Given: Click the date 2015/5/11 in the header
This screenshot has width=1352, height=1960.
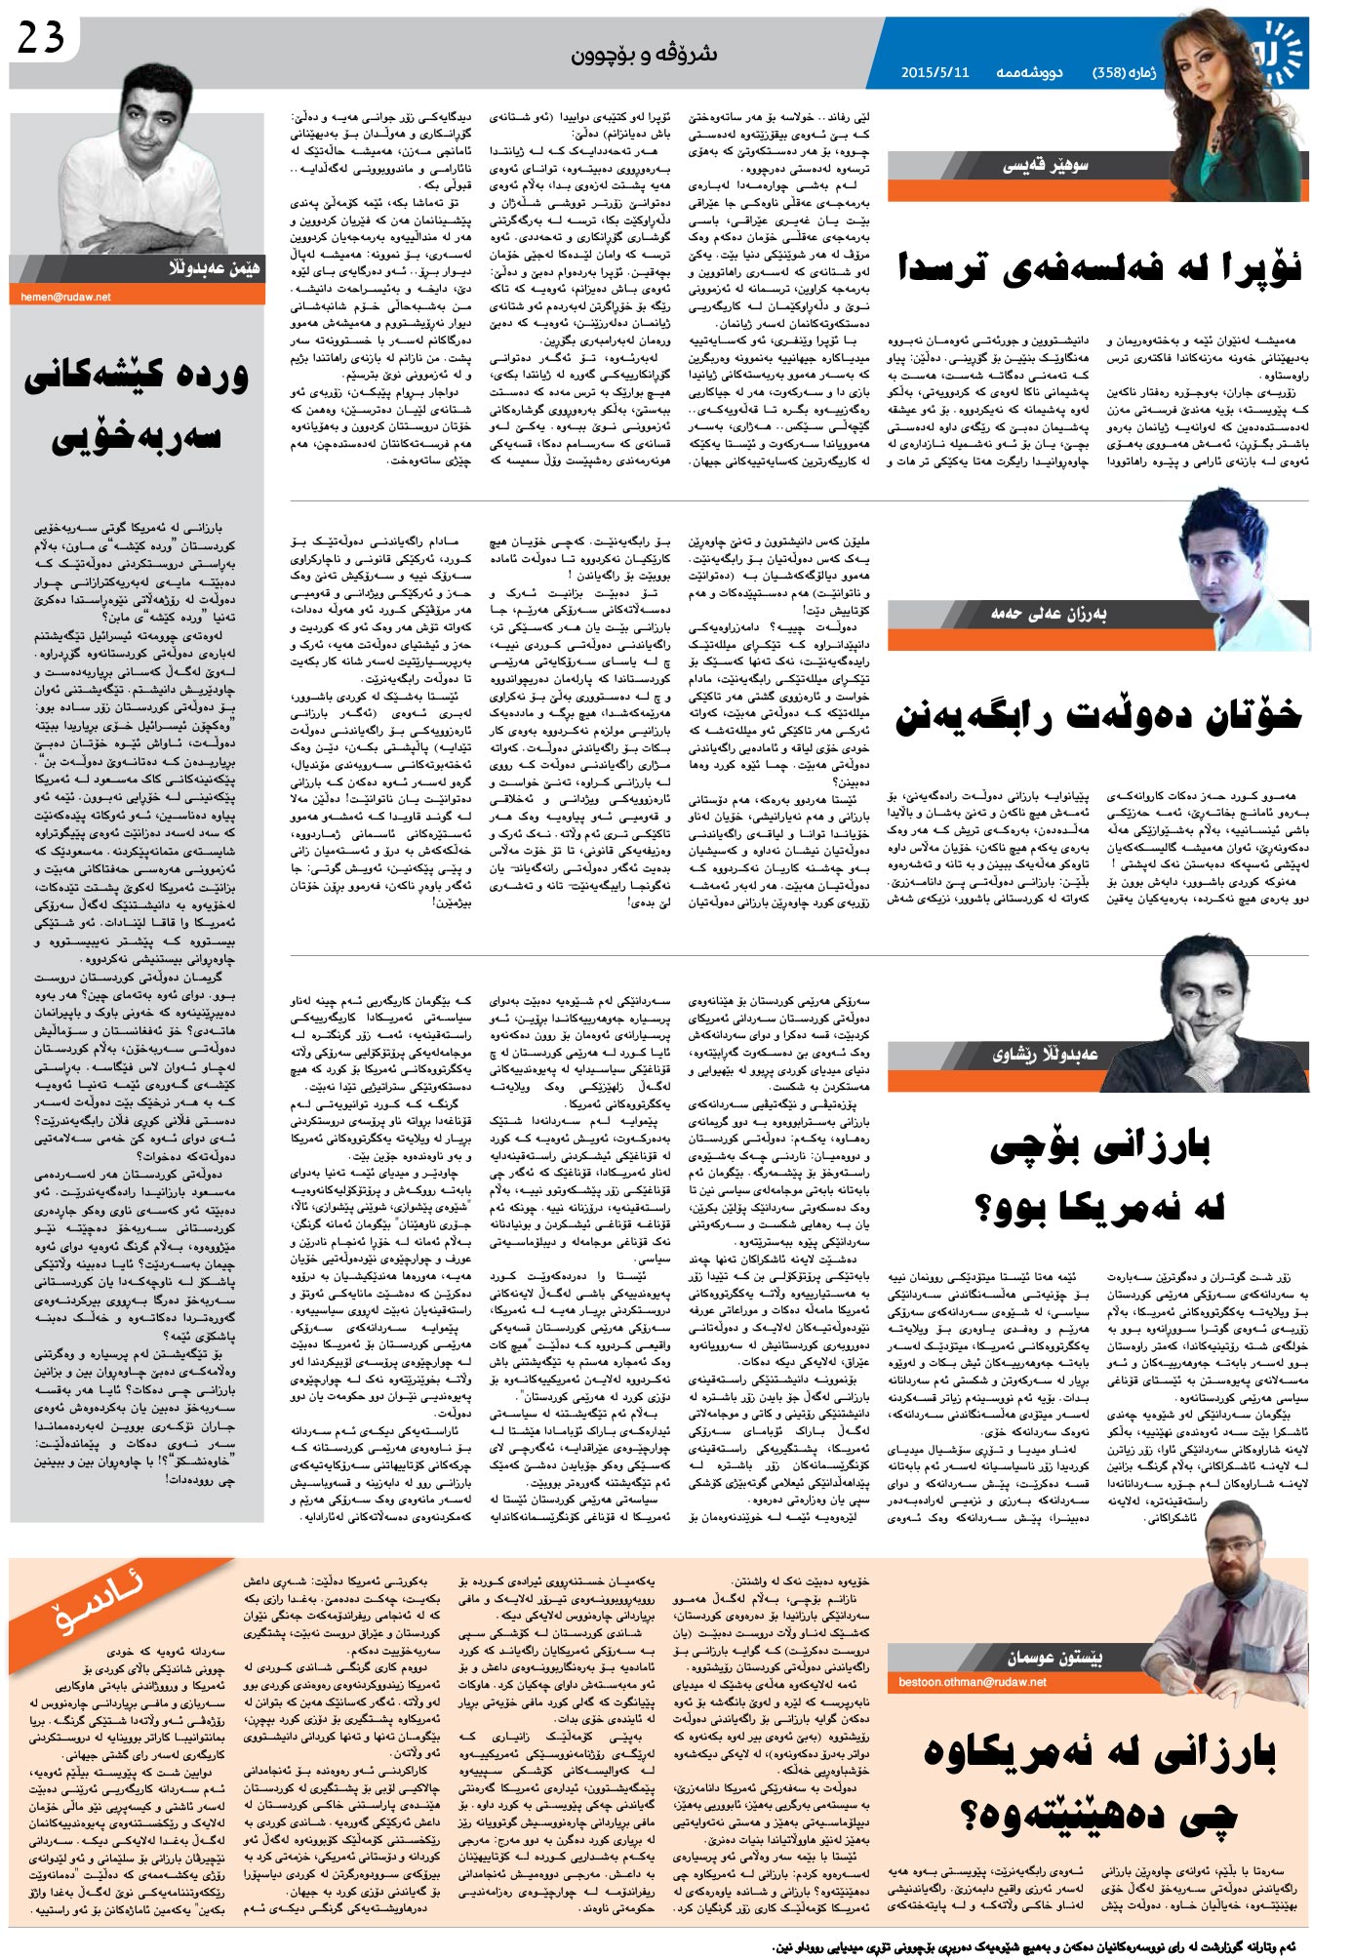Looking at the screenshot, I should [934, 72].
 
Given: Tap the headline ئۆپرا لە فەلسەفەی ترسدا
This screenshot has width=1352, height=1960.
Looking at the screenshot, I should [1099, 267].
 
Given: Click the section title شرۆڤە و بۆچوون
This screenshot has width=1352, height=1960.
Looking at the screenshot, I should [644, 54].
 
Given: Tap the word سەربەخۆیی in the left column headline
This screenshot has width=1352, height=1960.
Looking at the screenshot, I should [137, 436].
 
